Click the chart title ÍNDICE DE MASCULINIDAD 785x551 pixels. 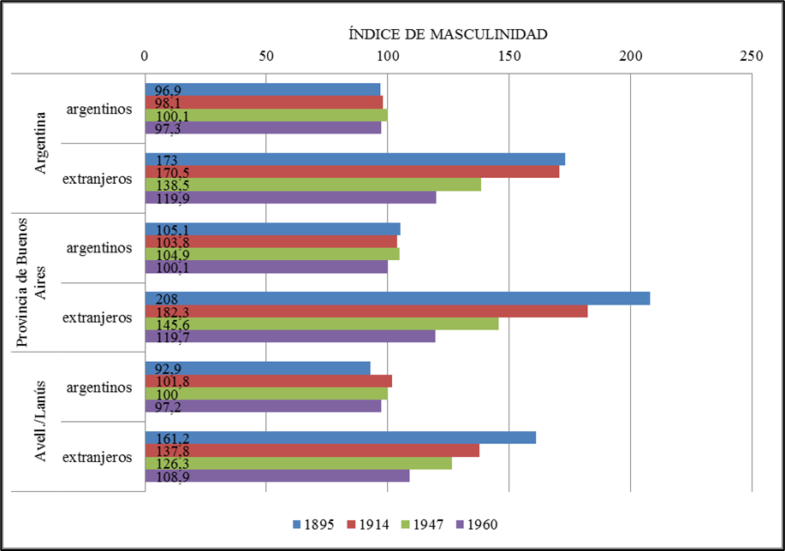pyautogui.click(x=448, y=34)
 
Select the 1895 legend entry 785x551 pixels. pyautogui.click(x=317, y=524)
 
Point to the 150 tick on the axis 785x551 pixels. pyautogui.click(x=508, y=56)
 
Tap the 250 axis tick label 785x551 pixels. pyautogui.click(x=751, y=56)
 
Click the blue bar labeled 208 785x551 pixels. pyautogui.click(x=397, y=299)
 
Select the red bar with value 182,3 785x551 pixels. pyautogui.click(x=366, y=311)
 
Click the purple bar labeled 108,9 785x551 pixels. pyautogui.click(x=277, y=476)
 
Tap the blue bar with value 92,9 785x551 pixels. pyautogui.click(x=257, y=368)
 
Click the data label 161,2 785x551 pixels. pyautogui.click(x=163, y=438)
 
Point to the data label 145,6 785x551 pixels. pyautogui.click(x=163, y=324)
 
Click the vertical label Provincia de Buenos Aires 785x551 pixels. pyautogui.click(x=32, y=282)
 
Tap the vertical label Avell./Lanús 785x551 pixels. pyautogui.click(x=39, y=422)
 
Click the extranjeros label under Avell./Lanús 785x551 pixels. pyautogui.click(x=97, y=457)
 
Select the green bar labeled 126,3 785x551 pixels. pyautogui.click(x=298, y=463)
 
